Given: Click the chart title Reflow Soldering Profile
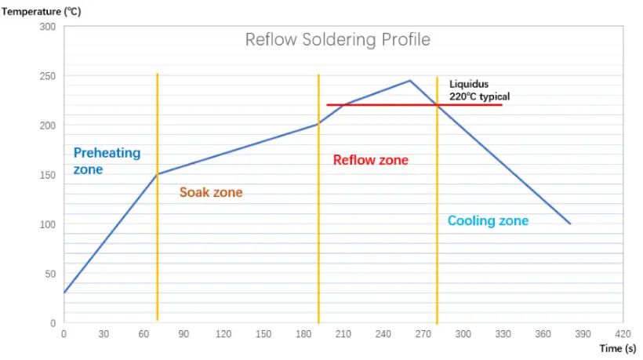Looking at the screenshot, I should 337,39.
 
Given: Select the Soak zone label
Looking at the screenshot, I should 211,192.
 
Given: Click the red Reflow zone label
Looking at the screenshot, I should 371,160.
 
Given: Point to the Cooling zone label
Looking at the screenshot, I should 488,220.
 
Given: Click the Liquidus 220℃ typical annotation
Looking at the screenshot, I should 479,89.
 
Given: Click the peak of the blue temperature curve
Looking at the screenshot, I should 410,81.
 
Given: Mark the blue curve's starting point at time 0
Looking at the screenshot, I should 64,293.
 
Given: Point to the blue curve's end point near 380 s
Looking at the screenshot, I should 569,224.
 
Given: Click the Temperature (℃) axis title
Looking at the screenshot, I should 41,11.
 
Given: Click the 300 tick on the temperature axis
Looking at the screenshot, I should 48,27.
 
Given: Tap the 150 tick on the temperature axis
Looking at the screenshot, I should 48,175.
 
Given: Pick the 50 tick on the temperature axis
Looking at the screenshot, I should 50,274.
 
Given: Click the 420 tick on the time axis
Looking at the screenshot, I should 623,333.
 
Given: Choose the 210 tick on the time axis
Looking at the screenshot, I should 343,333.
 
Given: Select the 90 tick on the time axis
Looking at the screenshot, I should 183,333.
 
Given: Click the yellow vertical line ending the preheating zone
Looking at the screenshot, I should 158,235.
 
